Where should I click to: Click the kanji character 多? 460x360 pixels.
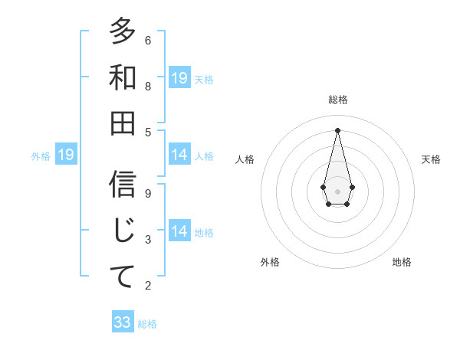pyautogui.click(x=123, y=31)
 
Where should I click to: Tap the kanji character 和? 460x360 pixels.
pyautogui.click(x=123, y=77)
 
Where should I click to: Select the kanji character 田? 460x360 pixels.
pyautogui.click(x=123, y=122)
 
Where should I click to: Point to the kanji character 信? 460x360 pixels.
pyautogui.click(x=123, y=185)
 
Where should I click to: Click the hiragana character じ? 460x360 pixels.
pyautogui.click(x=123, y=231)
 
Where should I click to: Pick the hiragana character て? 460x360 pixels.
pyautogui.click(x=123, y=276)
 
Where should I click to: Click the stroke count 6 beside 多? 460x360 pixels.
pyautogui.click(x=147, y=40)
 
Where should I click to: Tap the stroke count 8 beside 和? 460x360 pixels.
pyautogui.click(x=147, y=86)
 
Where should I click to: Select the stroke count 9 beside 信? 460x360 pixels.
pyautogui.click(x=147, y=193)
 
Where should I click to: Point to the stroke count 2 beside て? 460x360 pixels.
pyautogui.click(x=147, y=286)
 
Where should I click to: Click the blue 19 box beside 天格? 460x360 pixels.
pyautogui.click(x=179, y=78)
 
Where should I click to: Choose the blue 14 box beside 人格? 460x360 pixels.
pyautogui.click(x=179, y=155)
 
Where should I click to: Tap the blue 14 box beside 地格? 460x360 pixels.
pyautogui.click(x=179, y=231)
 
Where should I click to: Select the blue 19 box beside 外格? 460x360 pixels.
pyautogui.click(x=65, y=155)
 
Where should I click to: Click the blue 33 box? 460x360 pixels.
pyautogui.click(x=123, y=322)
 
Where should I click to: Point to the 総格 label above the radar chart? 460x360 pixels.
pyautogui.click(x=337, y=100)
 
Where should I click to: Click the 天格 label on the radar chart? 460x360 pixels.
pyautogui.click(x=432, y=159)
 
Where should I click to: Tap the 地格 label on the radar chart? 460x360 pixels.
pyautogui.click(x=402, y=262)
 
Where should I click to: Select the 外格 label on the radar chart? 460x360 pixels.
pyautogui.click(x=270, y=262)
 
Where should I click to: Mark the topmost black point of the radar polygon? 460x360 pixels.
pyautogui.click(x=337, y=129)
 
